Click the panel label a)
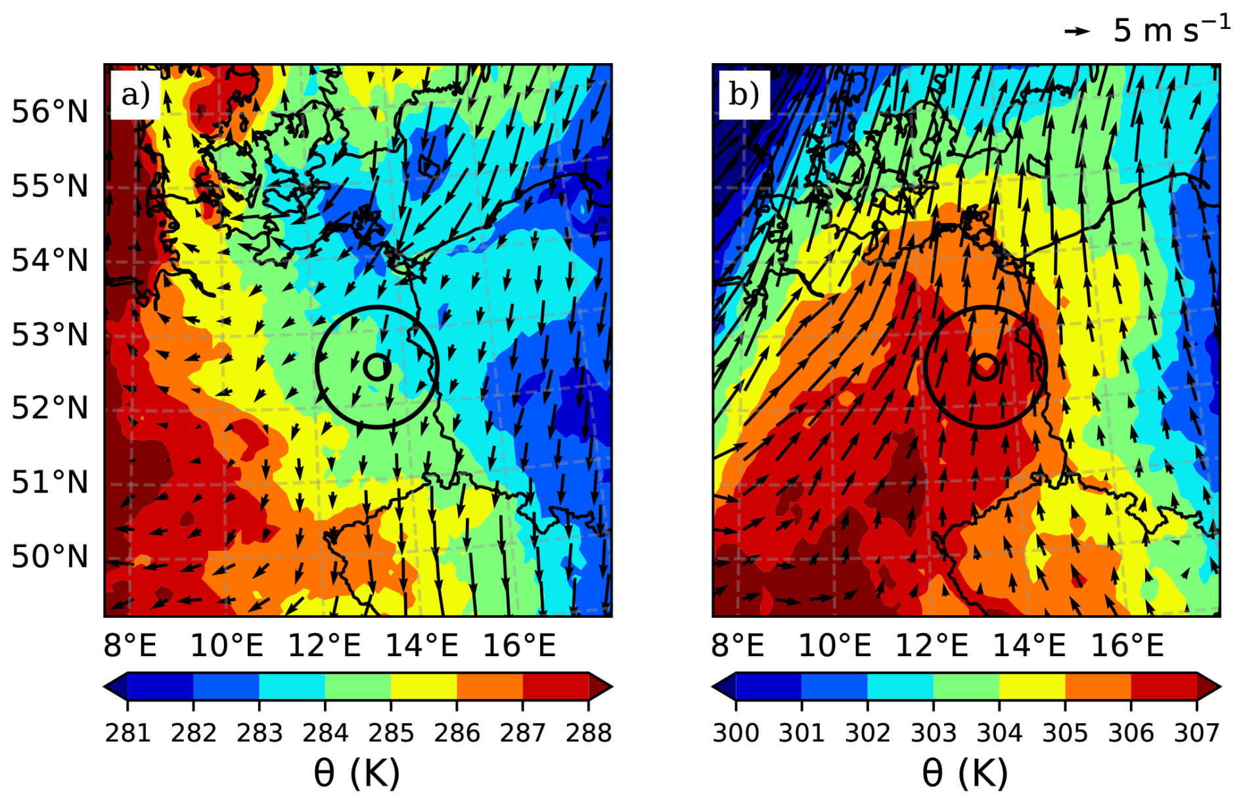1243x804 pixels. point(135,95)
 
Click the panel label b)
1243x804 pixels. point(744,95)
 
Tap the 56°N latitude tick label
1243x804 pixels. point(50,112)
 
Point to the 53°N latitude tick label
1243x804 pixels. point(50,335)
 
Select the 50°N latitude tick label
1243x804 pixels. point(50,557)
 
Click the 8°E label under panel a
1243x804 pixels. point(130,646)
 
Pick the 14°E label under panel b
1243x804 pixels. point(1029,646)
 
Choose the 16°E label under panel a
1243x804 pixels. point(519,646)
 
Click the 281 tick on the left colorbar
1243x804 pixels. point(128,732)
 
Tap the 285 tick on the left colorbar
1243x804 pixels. point(391,732)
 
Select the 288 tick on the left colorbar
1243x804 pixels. point(589,732)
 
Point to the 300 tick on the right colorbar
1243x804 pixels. point(736,732)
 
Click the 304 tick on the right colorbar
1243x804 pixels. point(999,732)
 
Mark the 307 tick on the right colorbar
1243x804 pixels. point(1197,732)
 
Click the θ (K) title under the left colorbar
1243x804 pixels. point(357,773)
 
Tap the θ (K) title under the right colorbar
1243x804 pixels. point(965,773)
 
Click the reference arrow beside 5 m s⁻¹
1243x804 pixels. point(1077,31)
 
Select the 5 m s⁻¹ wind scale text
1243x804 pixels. point(1171,30)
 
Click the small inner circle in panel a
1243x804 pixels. point(377,367)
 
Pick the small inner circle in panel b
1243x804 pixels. point(985,367)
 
